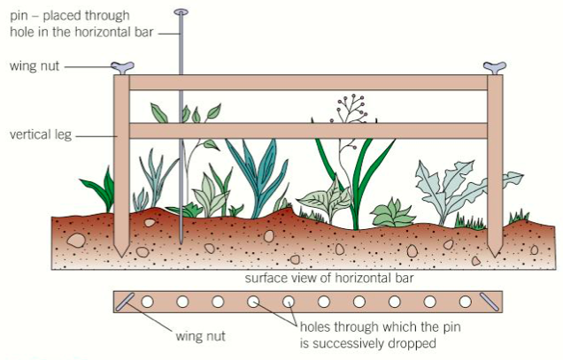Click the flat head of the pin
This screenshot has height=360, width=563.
point(181,12)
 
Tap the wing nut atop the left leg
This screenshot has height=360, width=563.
point(122,66)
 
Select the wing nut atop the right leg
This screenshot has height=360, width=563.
point(494,66)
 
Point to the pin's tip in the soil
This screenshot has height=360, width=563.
point(181,242)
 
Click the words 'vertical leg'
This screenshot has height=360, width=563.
point(41,136)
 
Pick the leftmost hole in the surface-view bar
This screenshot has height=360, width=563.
point(147,302)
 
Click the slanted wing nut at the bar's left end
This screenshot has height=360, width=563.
point(125,302)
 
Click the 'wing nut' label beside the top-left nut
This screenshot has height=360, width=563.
point(35,65)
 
